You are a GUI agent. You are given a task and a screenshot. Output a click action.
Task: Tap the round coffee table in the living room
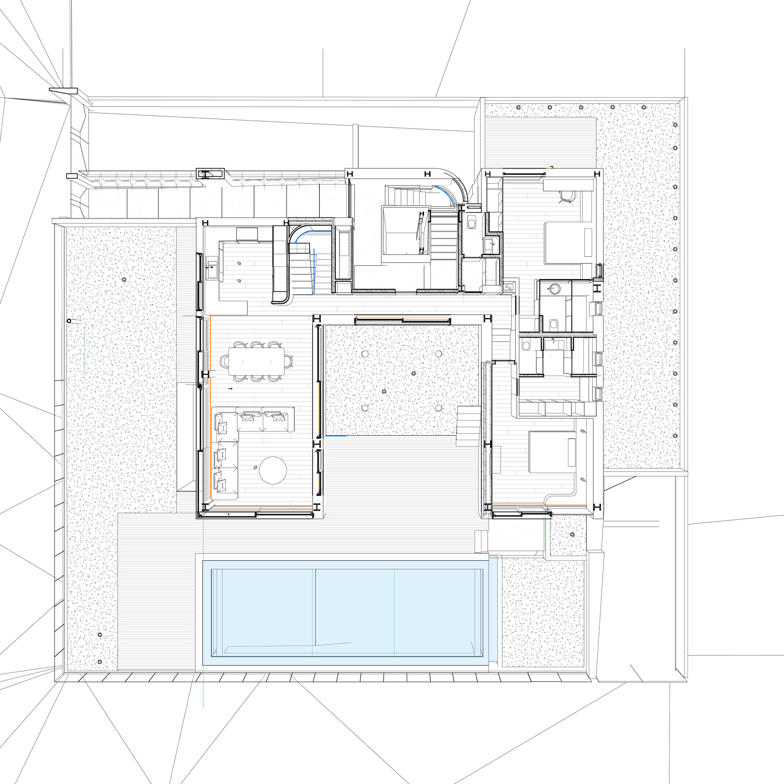[x=273, y=470]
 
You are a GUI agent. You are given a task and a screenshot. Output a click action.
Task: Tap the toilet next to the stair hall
[x=472, y=222]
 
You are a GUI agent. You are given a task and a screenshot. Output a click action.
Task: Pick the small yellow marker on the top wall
[x=552, y=166]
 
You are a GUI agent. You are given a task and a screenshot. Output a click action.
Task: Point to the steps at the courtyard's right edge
[x=469, y=426]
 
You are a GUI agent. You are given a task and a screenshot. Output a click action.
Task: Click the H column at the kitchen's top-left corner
[x=205, y=223]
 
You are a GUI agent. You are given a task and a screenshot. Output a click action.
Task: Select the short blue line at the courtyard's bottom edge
[x=336, y=436]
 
